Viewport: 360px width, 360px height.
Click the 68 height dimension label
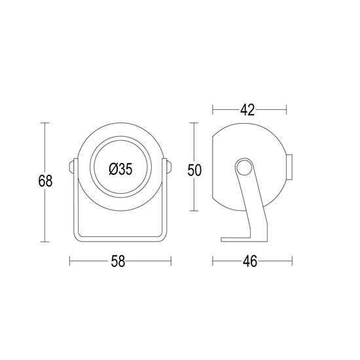point(45,181)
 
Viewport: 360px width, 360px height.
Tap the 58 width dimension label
point(118,261)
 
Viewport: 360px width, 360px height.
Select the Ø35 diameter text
point(121,170)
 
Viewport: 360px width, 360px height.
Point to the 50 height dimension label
point(194,170)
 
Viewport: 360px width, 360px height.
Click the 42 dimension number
point(247,110)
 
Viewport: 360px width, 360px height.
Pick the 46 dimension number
point(250,261)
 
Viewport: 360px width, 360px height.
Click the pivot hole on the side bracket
point(244,168)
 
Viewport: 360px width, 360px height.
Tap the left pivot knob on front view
point(71,167)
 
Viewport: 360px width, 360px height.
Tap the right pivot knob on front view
point(169,167)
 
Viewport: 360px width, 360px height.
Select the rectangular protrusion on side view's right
point(289,167)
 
